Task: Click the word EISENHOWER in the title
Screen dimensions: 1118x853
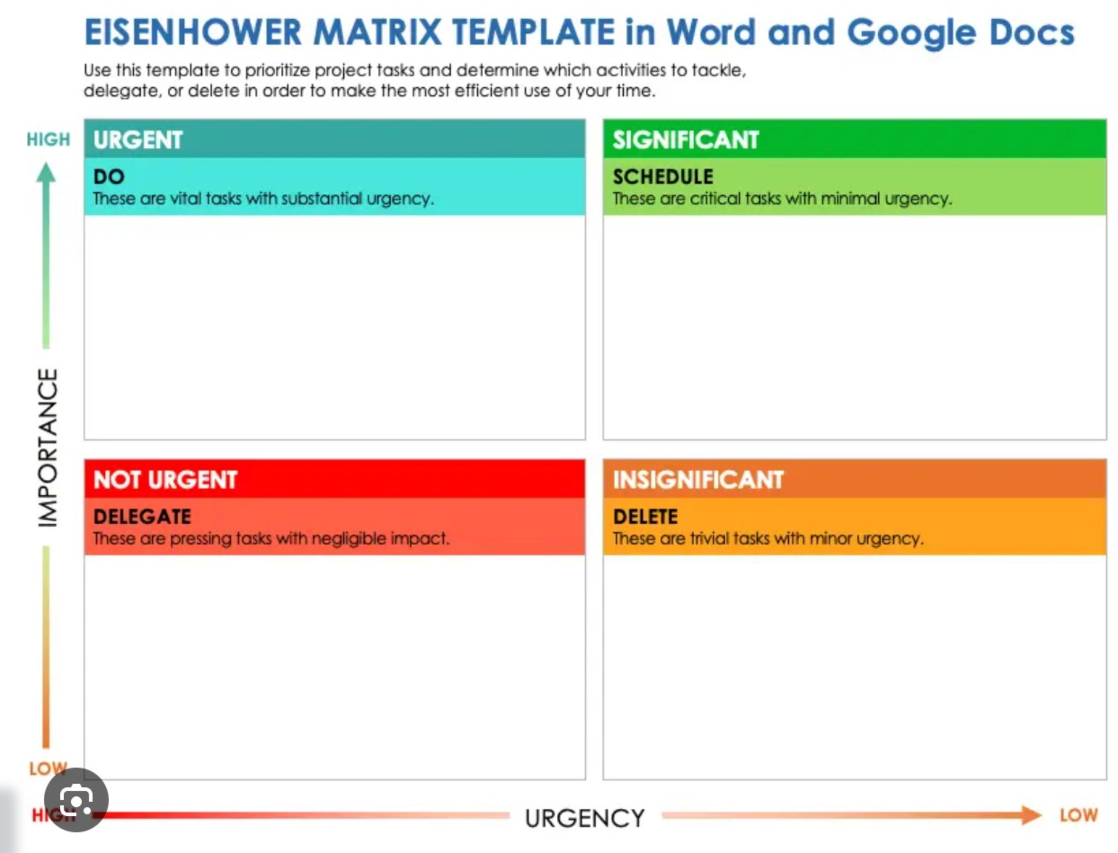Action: [x=193, y=32]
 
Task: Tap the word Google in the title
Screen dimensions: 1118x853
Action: [x=911, y=34]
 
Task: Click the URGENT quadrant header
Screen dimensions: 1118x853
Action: [x=138, y=140]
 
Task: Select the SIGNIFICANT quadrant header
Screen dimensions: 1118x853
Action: [x=685, y=140]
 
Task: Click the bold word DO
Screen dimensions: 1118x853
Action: [x=109, y=177]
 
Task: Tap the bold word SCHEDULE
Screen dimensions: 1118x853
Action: [x=663, y=177]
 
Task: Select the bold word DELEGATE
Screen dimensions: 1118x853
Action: [x=142, y=516]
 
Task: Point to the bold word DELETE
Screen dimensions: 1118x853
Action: [x=645, y=516]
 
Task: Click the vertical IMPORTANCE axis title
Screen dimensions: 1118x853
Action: [x=48, y=447]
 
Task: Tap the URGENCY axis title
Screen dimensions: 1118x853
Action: [x=585, y=818]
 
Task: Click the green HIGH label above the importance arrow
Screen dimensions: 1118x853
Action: [x=48, y=139]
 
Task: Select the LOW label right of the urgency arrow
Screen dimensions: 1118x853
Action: [x=1079, y=815]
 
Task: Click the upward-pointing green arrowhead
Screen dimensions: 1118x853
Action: [x=46, y=173]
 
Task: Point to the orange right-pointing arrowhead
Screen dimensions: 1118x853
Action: [x=1031, y=815]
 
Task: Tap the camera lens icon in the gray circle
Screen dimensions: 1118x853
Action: [x=76, y=801]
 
